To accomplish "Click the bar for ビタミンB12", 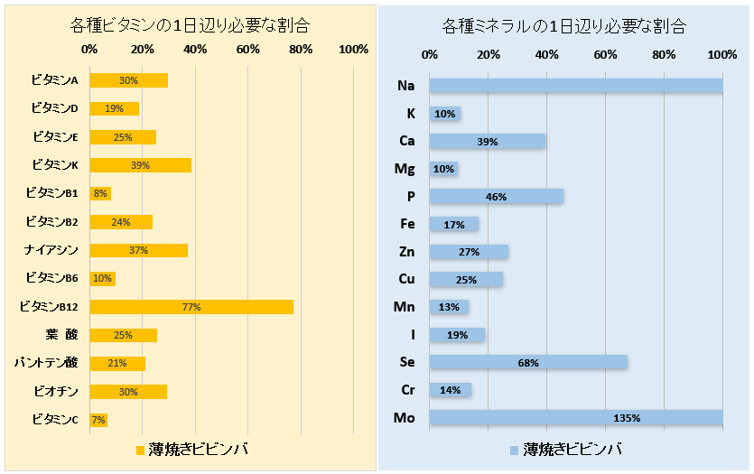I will pos(191,307).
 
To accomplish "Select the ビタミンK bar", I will pos(140,165).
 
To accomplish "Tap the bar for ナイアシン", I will pos(138,250).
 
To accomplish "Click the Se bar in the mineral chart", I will pos(528,362).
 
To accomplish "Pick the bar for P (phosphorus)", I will pos(496,196).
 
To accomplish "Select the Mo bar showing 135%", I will pos(575,417).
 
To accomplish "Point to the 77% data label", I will pos(191,307).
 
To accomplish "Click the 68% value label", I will pos(528,363).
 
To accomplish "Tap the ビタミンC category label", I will pos(55,419).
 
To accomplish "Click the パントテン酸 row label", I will pos(46,363).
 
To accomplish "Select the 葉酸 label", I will pos(61,335).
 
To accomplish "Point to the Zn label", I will pos(406,252).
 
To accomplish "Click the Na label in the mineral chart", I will pos(405,86).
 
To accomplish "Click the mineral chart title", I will pos(565,25).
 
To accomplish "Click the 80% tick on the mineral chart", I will pos(664,55).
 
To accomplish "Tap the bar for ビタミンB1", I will pos(100,193).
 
